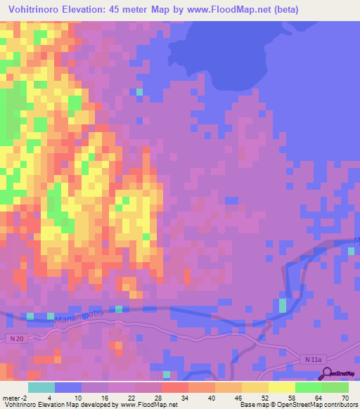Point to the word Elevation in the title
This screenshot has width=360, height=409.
[98, 10]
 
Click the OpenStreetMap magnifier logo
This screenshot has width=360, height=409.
[326, 374]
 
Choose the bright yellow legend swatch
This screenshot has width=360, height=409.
[281, 387]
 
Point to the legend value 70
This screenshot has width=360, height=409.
[345, 398]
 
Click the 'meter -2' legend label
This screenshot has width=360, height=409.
[13, 398]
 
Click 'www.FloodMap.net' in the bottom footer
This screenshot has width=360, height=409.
[148, 405]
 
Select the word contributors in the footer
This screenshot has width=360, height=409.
[341, 405]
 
